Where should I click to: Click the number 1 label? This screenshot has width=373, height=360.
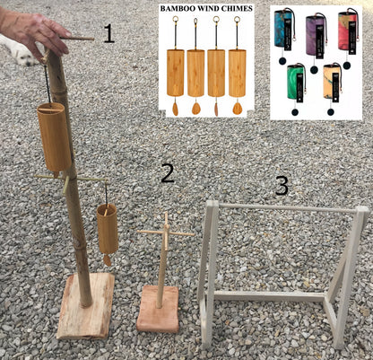[x=108, y=33]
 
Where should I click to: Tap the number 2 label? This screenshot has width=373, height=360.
[x=168, y=173]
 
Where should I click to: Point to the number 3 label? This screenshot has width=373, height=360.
[x=282, y=186]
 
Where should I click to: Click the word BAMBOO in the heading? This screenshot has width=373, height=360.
[x=173, y=8]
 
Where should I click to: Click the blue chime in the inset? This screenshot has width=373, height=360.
[x=283, y=29]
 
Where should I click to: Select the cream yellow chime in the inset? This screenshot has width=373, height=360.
[x=333, y=82]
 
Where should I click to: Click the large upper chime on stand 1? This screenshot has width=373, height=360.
[x=54, y=137]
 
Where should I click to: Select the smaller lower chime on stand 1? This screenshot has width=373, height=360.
[x=108, y=229]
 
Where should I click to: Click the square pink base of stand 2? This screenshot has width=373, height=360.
[x=158, y=309]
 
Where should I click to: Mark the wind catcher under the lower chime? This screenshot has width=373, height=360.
[x=107, y=260]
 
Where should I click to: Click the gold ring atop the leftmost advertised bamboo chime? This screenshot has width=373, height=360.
[x=175, y=20]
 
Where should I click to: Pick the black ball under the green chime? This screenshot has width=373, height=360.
[x=295, y=112]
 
